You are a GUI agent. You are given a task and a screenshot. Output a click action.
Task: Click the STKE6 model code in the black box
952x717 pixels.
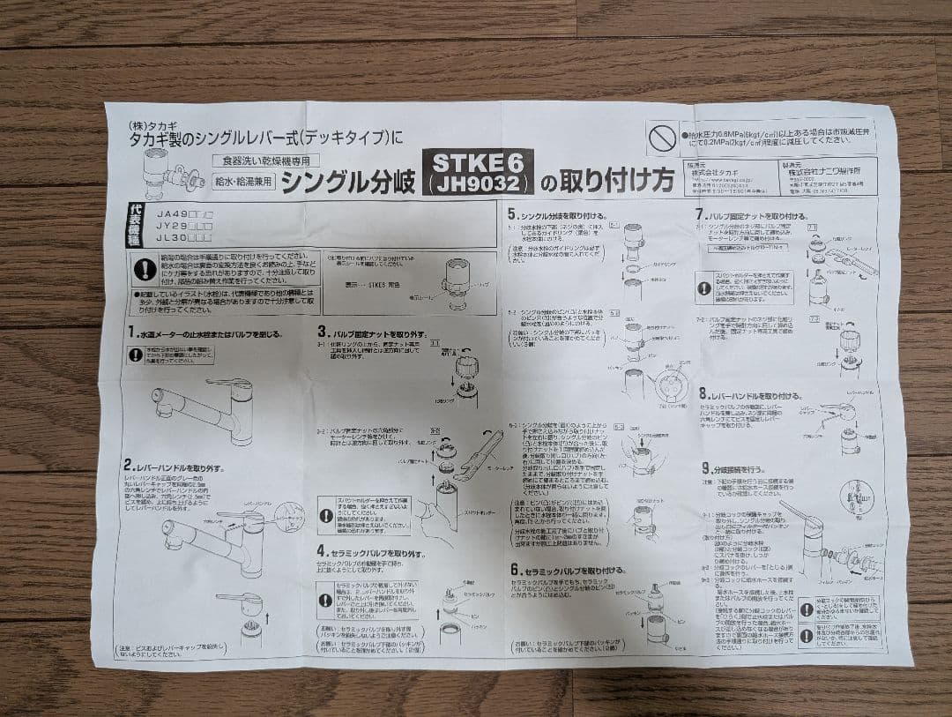pyautogui.click(x=480, y=162)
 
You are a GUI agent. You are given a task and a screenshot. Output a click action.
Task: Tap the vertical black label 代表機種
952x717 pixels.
pyautogui.click(x=135, y=225)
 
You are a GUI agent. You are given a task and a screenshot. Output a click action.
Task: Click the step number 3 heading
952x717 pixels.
pyautogui.click(x=323, y=333)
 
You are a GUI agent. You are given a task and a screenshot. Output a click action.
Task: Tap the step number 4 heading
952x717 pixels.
pyautogui.click(x=323, y=552)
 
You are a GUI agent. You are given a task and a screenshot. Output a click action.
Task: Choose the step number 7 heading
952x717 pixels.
pyautogui.click(x=701, y=214)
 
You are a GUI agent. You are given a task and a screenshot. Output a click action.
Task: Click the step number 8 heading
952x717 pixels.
pyautogui.click(x=704, y=395)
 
